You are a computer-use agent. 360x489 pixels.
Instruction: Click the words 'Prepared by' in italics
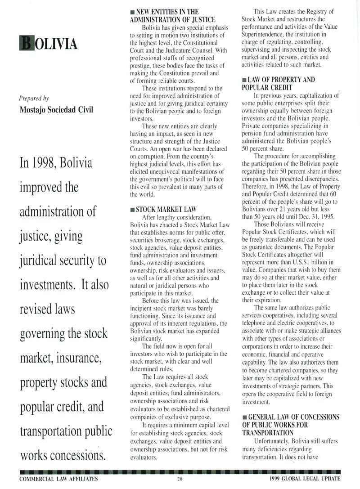[34, 98]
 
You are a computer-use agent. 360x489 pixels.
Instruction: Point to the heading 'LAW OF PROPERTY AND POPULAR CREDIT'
[278, 84]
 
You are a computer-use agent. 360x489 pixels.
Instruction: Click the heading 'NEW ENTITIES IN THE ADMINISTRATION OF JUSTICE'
[173, 16]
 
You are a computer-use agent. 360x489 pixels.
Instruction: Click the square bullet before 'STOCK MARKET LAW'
[132, 209]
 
